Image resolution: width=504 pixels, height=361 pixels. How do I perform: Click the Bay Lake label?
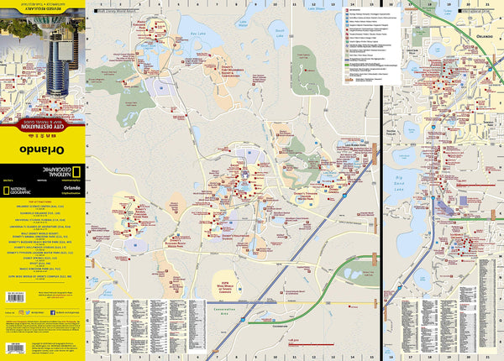[197, 39]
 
